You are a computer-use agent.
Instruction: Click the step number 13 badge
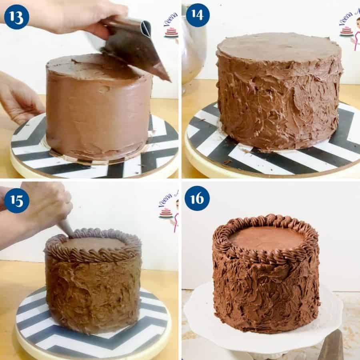[x=16, y=16]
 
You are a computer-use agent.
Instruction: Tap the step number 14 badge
[x=198, y=15]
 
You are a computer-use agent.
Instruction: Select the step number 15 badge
[x=16, y=200]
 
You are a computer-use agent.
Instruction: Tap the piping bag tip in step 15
[x=66, y=229]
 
